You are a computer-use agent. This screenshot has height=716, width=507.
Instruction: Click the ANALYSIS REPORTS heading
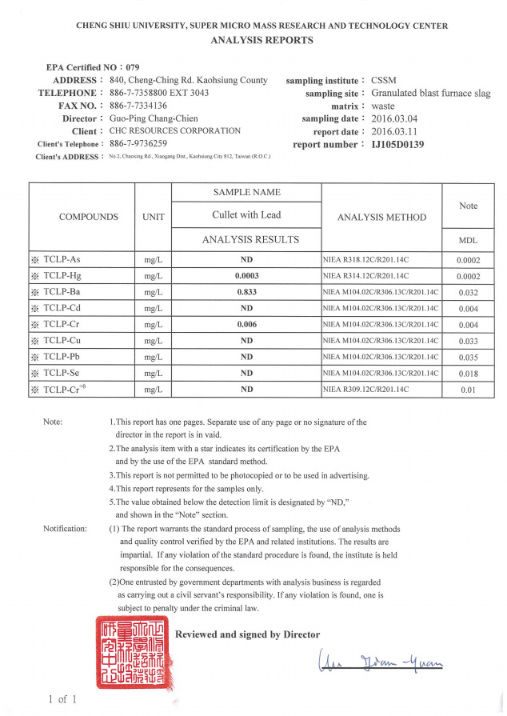261,40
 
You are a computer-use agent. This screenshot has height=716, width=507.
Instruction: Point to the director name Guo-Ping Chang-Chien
155,118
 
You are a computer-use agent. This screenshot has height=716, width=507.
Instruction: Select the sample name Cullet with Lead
246,215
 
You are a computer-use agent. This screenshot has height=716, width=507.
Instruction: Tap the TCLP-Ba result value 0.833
246,292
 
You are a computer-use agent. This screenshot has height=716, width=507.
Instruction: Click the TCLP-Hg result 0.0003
246,276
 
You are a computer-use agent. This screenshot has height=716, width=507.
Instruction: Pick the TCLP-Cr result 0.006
246,324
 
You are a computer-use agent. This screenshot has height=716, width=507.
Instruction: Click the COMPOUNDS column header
89,217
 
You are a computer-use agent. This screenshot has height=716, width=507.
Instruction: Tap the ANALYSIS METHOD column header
381,217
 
